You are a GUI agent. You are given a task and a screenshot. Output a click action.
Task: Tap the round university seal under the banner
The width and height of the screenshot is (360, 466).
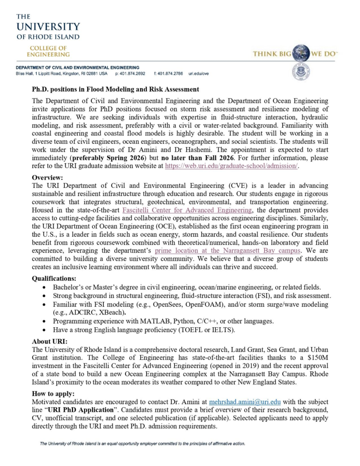301,72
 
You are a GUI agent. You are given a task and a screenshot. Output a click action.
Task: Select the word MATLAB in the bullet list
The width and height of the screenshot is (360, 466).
135,321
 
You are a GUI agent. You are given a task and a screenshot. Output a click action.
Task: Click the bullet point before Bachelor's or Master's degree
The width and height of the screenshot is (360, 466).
43,287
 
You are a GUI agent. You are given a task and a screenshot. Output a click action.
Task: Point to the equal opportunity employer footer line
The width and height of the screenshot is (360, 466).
142,443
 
